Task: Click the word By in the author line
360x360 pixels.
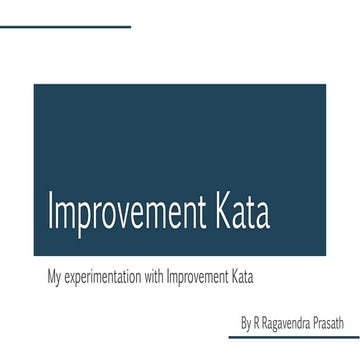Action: [x=246, y=324]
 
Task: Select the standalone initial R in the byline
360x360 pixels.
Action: [x=258, y=324]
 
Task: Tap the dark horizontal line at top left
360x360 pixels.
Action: [x=65, y=26]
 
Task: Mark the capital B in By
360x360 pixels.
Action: [x=244, y=324]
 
